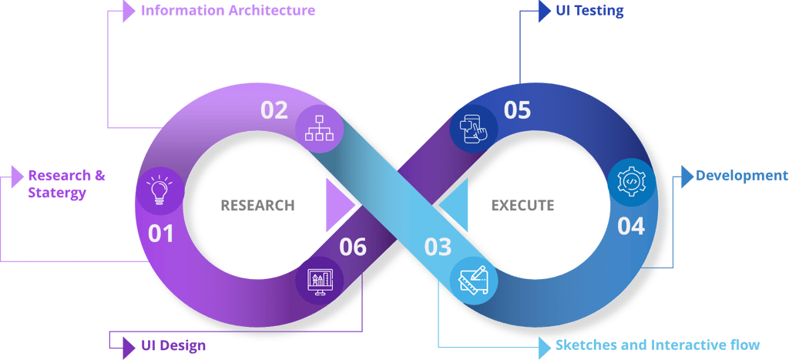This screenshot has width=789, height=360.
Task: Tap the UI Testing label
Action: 589,12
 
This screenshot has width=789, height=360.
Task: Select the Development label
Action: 741,176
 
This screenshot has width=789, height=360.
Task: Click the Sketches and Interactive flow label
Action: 658,345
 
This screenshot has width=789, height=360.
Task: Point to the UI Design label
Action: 174,345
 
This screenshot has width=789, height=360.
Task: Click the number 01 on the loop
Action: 161,233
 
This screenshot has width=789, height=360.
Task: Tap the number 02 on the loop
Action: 274,110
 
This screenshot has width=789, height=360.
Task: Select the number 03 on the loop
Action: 438,247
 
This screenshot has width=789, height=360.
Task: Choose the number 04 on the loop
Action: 631,227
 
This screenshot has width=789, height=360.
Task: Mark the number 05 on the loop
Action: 518,110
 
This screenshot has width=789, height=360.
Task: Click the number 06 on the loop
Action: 353,247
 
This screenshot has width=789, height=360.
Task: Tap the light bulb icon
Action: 159,190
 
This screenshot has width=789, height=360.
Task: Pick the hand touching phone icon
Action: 473,126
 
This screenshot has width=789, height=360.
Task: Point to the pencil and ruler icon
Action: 474,283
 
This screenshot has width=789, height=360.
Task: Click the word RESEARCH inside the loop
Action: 257,206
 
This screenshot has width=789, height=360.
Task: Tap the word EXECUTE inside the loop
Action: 522,206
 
